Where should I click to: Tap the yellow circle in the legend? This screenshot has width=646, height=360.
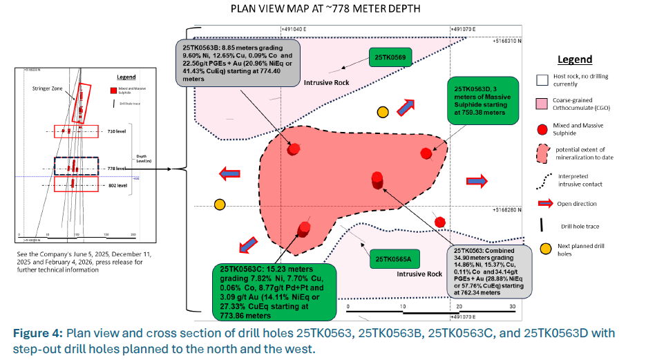click(545, 248)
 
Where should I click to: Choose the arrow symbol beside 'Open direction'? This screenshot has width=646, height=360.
click(546, 203)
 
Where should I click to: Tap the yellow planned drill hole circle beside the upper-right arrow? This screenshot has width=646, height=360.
click(382, 113)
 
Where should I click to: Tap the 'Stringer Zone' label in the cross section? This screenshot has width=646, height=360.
click(47, 88)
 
